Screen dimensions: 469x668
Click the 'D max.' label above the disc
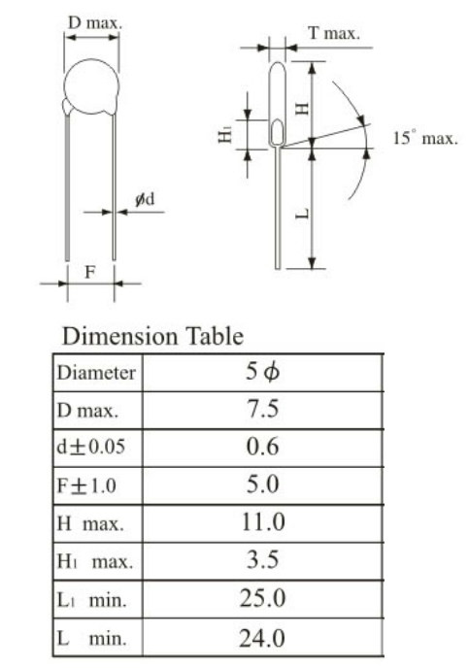(x=94, y=23)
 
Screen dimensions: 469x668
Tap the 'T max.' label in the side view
(x=334, y=33)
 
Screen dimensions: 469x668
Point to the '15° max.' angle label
(x=425, y=138)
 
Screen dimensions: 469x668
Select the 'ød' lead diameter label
(x=145, y=199)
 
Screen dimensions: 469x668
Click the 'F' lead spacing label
(x=90, y=272)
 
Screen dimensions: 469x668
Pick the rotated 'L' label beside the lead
(x=302, y=213)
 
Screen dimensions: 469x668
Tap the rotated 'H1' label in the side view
(x=225, y=135)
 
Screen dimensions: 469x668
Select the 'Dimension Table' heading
(x=152, y=336)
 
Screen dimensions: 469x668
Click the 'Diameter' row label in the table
(x=96, y=373)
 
